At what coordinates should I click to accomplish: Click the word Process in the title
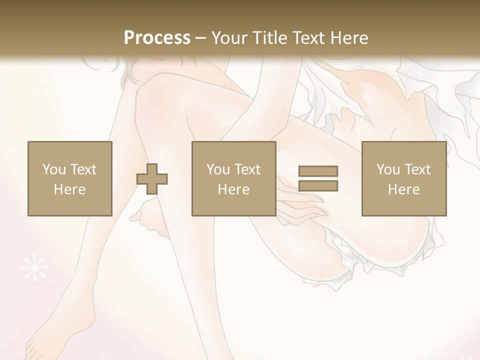[157, 37]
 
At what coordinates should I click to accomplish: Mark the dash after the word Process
[201, 38]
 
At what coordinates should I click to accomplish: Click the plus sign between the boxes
[152, 179]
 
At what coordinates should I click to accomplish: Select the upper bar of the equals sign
[318, 171]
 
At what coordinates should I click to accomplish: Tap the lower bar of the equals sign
[318, 186]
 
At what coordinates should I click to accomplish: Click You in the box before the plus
[53, 169]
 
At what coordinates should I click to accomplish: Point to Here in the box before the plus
[69, 189]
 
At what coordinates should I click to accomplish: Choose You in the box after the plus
[218, 169]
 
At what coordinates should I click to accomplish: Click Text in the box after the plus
[247, 169]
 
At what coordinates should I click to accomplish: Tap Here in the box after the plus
[233, 189]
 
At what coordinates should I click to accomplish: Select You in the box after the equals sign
[388, 169]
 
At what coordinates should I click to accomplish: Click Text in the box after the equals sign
[417, 169]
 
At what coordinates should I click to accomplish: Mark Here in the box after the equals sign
[403, 189]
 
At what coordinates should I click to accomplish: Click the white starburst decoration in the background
[35, 268]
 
